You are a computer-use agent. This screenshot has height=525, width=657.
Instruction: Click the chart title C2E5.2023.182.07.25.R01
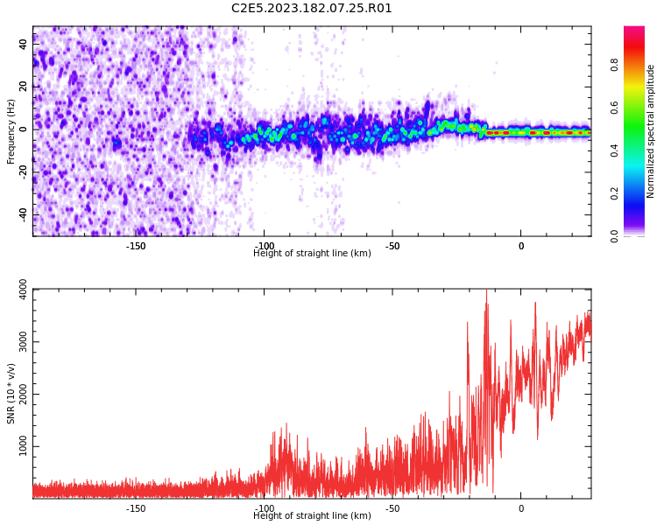tap(312, 9)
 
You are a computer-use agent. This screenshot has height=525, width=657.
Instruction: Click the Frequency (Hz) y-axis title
tap(11, 132)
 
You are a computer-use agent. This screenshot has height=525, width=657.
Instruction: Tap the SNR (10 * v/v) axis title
tap(11, 394)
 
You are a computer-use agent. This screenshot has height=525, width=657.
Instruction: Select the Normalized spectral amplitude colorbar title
tap(651, 131)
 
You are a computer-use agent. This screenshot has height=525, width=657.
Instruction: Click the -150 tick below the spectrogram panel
tap(136, 246)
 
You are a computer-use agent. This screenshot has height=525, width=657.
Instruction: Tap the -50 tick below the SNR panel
tap(392, 508)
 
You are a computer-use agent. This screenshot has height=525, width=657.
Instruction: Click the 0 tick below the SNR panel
tap(521, 508)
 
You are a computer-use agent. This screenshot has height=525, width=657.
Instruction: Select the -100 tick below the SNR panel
tap(264, 508)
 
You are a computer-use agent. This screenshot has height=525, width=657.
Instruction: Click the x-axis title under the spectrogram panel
tap(312, 254)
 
